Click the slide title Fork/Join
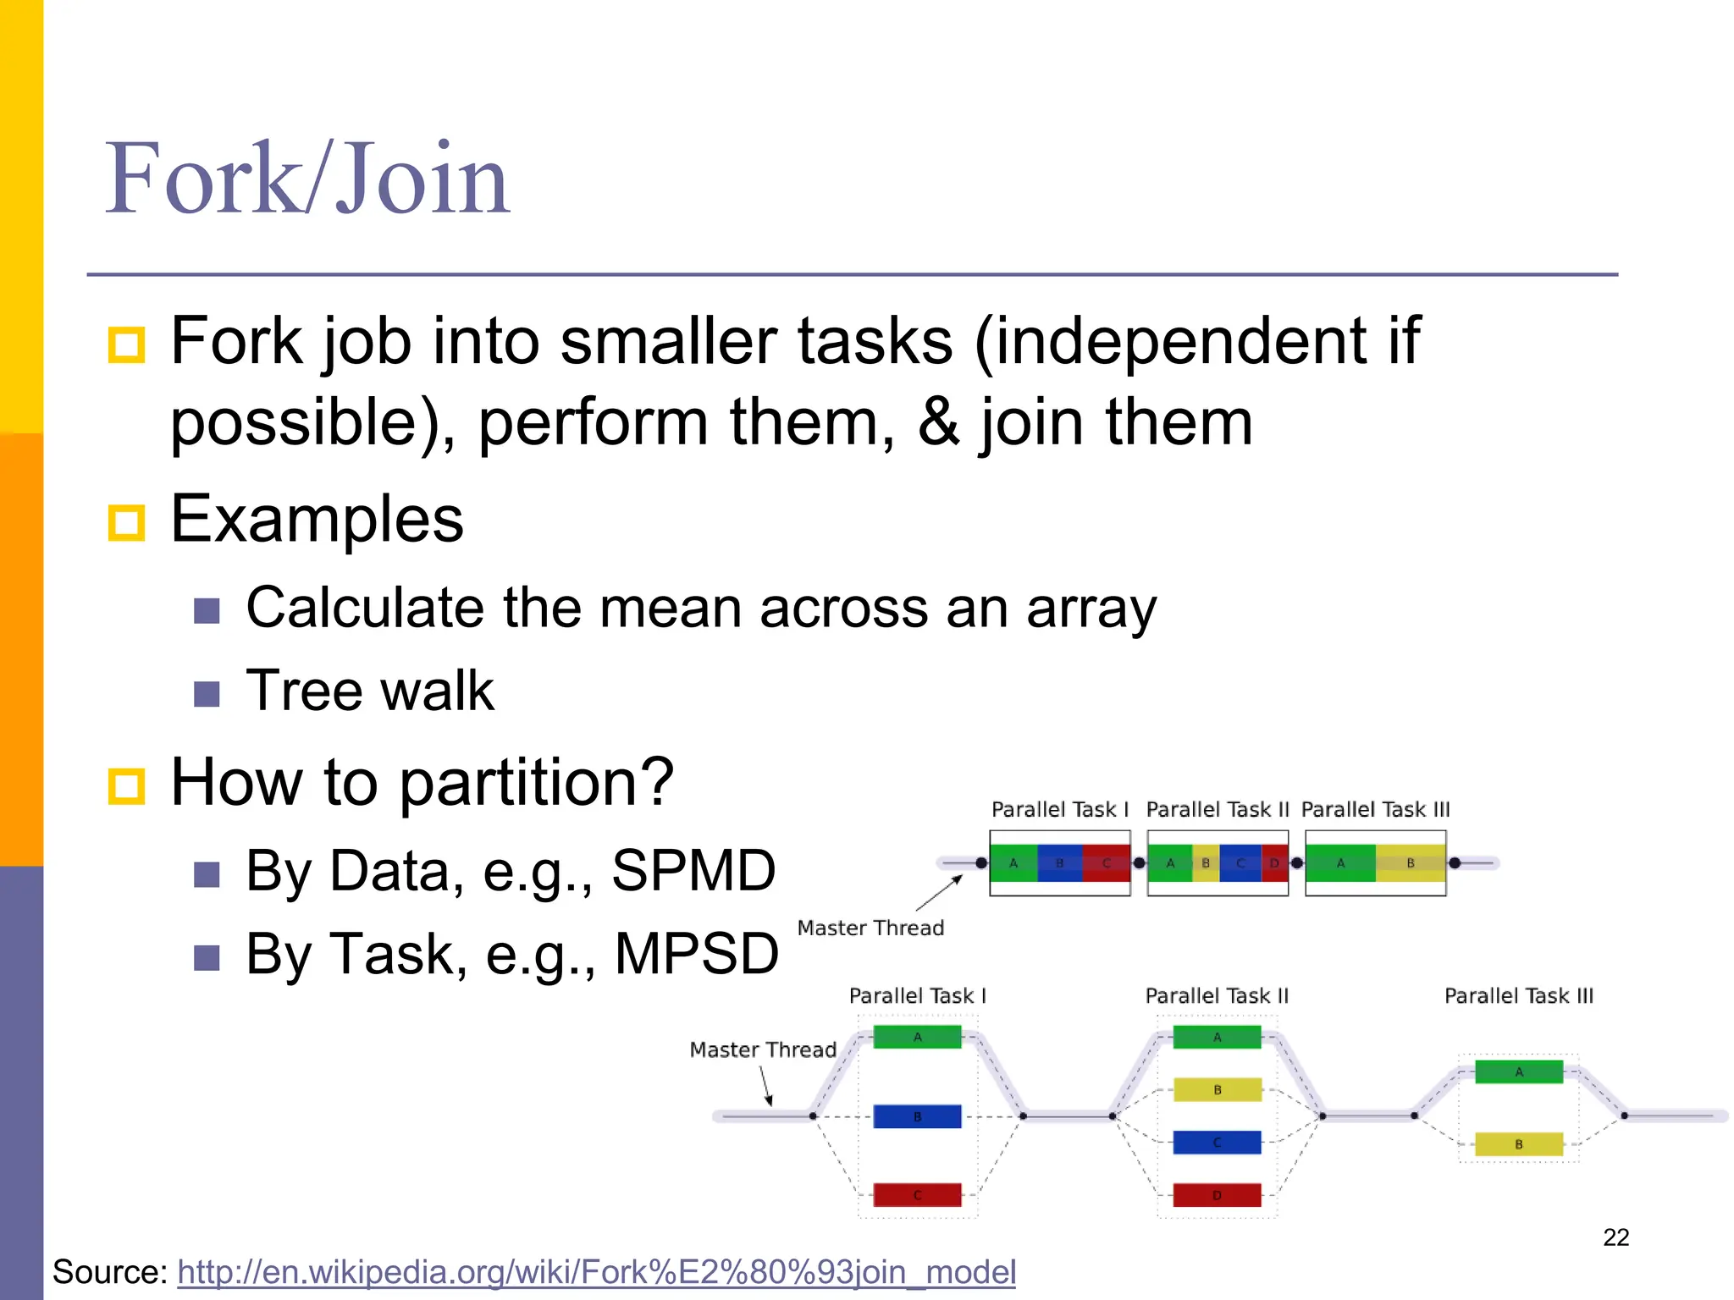coord(306,179)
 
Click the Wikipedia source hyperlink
coord(596,1272)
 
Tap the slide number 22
coord(1615,1237)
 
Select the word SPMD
coord(693,871)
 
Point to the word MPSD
coord(696,954)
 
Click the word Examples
coord(317,519)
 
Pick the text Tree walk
coord(369,691)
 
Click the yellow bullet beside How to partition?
coord(127,785)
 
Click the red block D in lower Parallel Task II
coord(1217,1195)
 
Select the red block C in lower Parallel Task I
coord(917,1195)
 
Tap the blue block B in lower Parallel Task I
coord(917,1116)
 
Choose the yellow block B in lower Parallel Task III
coord(1518,1144)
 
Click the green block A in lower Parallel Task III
coord(1518,1071)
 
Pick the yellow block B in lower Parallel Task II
coord(1217,1089)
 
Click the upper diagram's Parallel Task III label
coord(1375,810)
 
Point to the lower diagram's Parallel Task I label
coord(917,996)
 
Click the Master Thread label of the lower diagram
coord(763,1050)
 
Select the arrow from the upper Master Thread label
coord(940,893)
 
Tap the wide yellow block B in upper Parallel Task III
coord(1410,863)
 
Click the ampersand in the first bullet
coord(938,422)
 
